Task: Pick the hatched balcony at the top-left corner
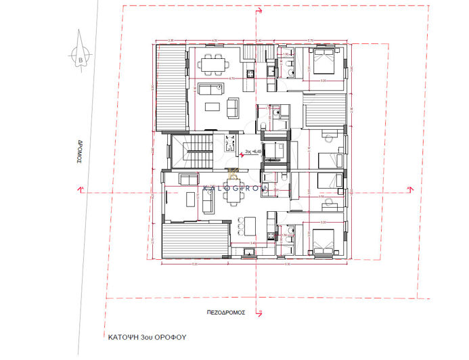[169, 88]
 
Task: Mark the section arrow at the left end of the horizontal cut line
[81, 189]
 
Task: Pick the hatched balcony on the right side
[323, 111]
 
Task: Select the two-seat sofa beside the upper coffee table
[233, 107]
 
